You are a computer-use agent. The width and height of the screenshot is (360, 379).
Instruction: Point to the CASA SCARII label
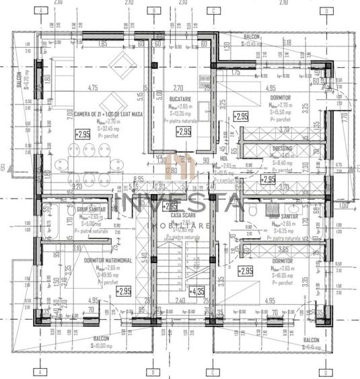click(182, 215)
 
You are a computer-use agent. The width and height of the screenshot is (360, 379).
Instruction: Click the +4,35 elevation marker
click(197, 291)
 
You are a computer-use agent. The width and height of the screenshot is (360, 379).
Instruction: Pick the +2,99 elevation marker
click(268, 179)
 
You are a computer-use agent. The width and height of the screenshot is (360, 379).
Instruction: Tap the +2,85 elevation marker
click(171, 206)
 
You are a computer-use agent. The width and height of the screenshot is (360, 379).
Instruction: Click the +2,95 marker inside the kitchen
click(183, 132)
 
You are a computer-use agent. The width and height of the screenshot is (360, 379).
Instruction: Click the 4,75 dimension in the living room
click(94, 88)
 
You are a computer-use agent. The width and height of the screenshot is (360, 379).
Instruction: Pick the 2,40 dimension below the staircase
click(180, 301)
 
